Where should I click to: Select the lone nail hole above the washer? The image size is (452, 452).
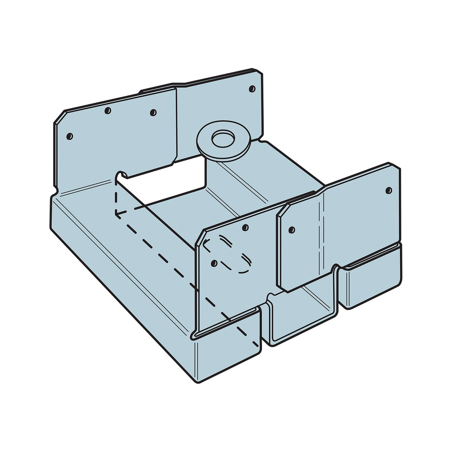point(251,89)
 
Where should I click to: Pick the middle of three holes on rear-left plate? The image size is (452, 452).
point(108,110)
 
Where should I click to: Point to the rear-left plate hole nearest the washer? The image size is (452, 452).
point(153,112)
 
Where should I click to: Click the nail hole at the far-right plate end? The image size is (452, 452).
point(388,190)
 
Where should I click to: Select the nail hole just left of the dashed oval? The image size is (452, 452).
point(214,263)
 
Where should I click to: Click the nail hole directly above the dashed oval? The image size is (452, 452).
point(246,227)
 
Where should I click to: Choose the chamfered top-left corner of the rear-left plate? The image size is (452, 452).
point(59,117)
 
